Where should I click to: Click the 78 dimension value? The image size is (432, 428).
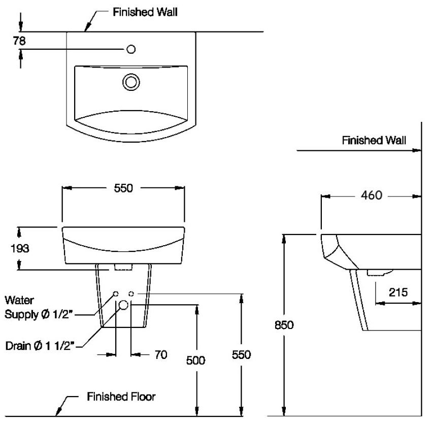tap(19, 41)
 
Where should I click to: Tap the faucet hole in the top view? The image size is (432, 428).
tap(130, 49)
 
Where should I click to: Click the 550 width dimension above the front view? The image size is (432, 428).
tap(123, 188)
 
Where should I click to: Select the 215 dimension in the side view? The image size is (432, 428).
tap(398, 292)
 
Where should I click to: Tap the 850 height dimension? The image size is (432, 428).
tap(284, 325)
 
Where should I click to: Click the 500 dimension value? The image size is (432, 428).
tap(195, 360)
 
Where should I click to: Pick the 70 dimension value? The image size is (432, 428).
tap(160, 355)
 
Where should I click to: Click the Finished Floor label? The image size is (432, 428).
tap(121, 397)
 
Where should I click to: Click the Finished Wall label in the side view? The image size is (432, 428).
tap(374, 140)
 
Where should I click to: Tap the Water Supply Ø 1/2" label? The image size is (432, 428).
tap(40, 308)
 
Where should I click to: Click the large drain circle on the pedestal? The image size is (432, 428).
tap(123, 305)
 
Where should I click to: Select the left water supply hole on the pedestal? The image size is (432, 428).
tap(116, 294)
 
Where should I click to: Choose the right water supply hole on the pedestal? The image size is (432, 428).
tap(131, 294)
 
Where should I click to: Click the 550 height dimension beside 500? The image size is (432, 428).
tap(241, 355)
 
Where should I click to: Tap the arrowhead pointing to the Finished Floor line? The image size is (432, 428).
tap(59, 408)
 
